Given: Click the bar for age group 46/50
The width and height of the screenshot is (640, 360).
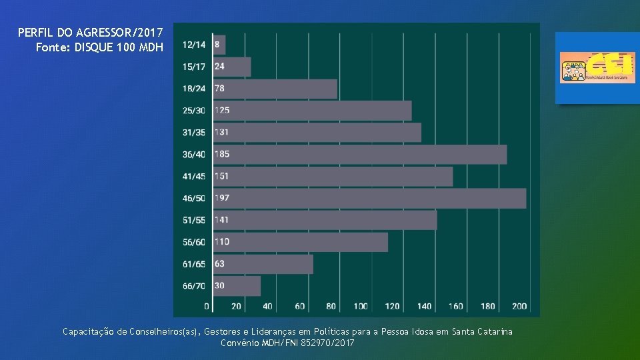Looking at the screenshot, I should [370, 198].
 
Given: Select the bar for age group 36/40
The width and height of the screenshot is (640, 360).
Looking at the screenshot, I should [360, 154].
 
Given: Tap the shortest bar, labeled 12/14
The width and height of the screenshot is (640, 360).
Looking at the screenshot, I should [220, 45].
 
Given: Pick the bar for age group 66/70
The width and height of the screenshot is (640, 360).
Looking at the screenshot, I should [237, 286].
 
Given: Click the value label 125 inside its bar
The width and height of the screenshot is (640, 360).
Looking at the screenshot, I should [222, 111].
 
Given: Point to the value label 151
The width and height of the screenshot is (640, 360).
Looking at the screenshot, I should [222, 176].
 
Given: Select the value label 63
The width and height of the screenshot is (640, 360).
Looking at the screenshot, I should [219, 264].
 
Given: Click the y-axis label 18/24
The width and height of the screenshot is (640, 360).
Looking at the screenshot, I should [194, 89].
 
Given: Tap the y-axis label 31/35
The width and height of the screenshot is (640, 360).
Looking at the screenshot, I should [194, 133].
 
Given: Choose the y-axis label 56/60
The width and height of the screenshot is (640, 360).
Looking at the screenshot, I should [194, 242].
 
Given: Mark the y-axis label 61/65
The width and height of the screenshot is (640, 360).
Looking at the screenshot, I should [194, 264].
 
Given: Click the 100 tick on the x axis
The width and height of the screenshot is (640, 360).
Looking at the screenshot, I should [361, 307].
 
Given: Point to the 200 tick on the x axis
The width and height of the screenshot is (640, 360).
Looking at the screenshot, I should [520, 307].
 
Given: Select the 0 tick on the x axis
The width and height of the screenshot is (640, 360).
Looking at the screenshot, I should [207, 307].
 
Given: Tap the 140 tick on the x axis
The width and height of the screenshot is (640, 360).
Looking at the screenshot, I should [425, 307].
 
